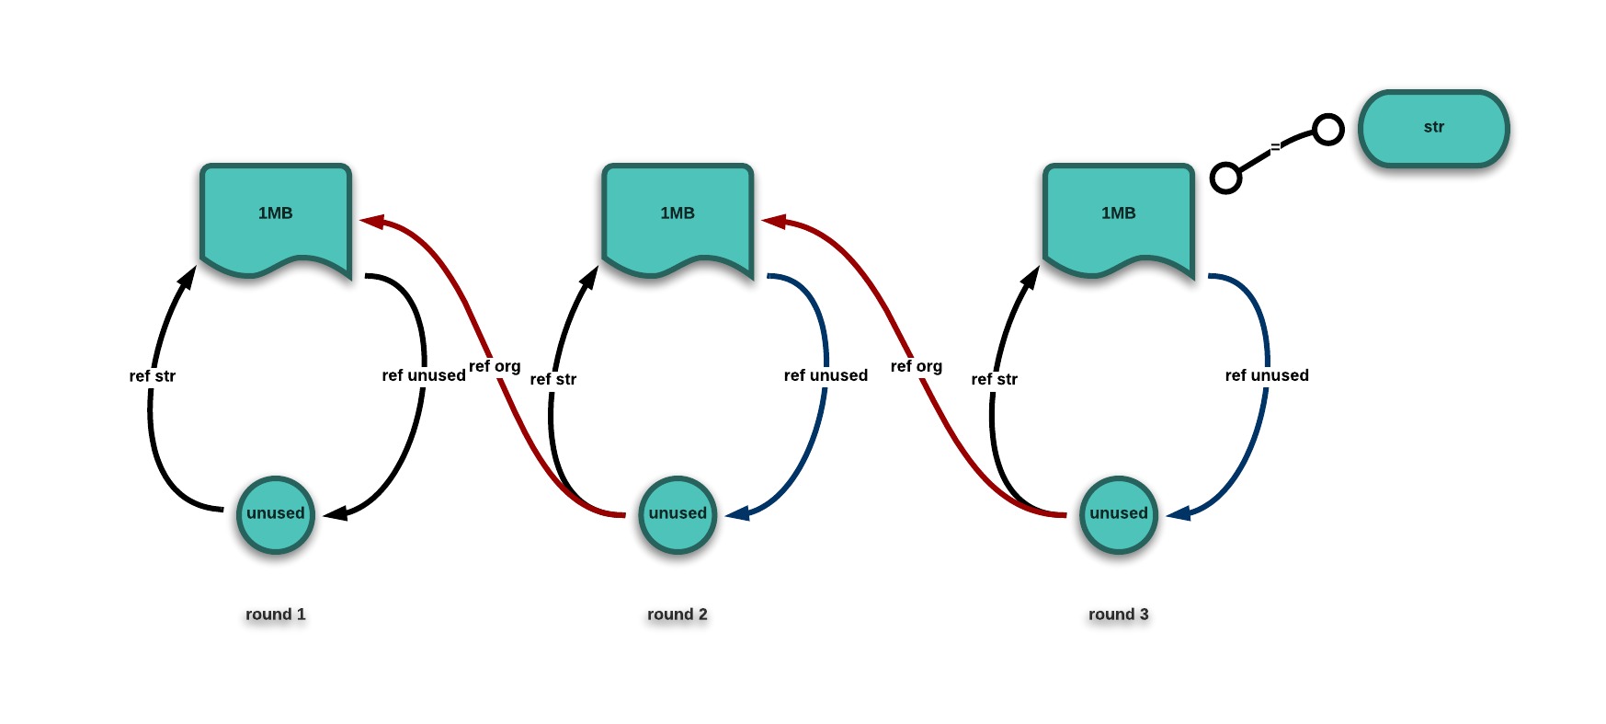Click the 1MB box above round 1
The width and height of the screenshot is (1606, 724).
pyautogui.click(x=276, y=216)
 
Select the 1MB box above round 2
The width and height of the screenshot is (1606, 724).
pyautogui.click(x=678, y=216)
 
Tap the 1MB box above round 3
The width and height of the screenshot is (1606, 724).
pyautogui.click(x=1118, y=216)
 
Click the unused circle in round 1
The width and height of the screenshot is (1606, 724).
pyautogui.click(x=276, y=514)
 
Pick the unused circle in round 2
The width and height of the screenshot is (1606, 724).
pyautogui.click(x=678, y=514)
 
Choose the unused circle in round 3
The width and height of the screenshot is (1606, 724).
pyautogui.click(x=1118, y=514)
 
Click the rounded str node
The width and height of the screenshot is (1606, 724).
pyautogui.click(x=1433, y=128)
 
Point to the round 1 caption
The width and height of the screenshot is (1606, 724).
pyautogui.click(x=276, y=615)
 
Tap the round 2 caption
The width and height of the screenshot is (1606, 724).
pyautogui.click(x=678, y=615)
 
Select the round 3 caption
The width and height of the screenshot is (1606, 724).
pyautogui.click(x=1118, y=615)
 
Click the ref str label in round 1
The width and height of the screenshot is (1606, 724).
pyautogui.click(x=153, y=376)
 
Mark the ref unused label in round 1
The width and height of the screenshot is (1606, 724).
pyautogui.click(x=424, y=375)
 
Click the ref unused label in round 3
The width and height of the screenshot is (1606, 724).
pyautogui.click(x=1267, y=375)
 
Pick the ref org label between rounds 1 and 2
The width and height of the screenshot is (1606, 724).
pyautogui.click(x=495, y=366)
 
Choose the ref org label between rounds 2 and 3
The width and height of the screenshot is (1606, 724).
pyautogui.click(x=917, y=366)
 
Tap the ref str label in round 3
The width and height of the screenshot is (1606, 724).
pyautogui.click(x=995, y=379)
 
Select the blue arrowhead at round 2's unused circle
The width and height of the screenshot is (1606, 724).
pyautogui.click(x=737, y=513)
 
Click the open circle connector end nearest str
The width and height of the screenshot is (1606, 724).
pyautogui.click(x=1327, y=130)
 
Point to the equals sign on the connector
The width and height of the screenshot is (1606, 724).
pyautogui.click(x=1275, y=146)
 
